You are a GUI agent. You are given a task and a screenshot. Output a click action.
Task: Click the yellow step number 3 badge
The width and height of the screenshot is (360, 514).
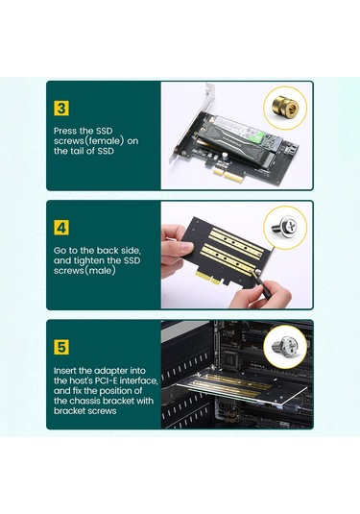coord(61,109)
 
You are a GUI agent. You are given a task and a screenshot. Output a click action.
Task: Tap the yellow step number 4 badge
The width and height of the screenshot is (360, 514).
coord(61,230)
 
